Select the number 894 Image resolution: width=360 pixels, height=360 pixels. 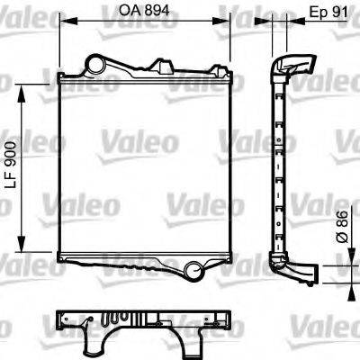(158, 13)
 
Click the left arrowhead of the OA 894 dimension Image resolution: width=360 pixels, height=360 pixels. (64, 23)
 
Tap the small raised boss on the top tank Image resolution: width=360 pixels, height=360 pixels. (163, 65)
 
